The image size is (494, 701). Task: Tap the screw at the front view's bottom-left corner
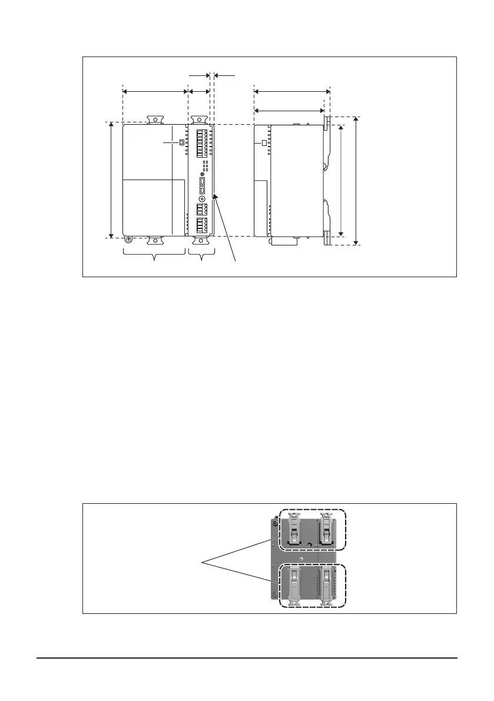tap(128, 240)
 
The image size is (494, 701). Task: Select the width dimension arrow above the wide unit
tap(154, 91)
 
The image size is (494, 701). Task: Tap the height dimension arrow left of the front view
tap(112, 180)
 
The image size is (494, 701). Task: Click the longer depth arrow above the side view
tap(292, 91)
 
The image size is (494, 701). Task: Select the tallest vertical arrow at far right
tap(357, 180)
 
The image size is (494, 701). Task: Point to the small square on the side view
tap(264, 143)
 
